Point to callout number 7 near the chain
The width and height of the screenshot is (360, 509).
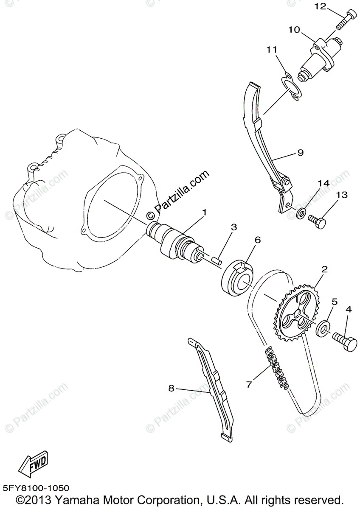point(249,384)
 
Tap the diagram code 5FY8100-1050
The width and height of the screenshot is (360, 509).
point(36,489)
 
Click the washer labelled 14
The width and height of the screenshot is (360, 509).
point(301,212)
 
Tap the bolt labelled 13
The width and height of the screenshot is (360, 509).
point(317,221)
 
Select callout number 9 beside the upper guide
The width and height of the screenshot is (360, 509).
point(300,153)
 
